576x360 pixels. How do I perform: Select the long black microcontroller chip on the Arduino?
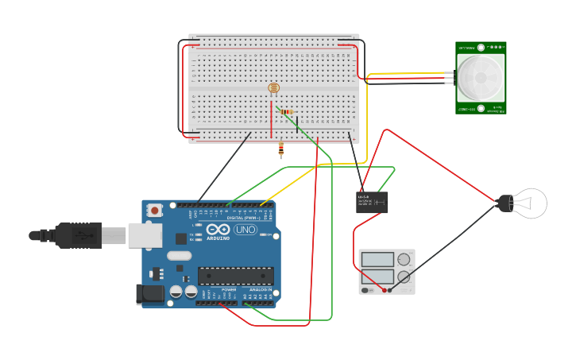point(235,276)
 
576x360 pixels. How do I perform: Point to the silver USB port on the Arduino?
point(145,235)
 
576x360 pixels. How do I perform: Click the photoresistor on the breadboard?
point(274,89)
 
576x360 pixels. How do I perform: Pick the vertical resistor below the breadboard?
point(281,149)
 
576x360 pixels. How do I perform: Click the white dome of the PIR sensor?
point(481,77)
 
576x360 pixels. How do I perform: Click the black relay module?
point(371,202)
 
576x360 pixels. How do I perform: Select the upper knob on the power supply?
point(404,260)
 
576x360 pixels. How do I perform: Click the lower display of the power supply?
point(377,277)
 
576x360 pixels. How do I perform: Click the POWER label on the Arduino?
point(229,289)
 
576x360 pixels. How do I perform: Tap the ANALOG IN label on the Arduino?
point(259,289)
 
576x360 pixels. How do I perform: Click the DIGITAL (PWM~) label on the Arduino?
point(243,217)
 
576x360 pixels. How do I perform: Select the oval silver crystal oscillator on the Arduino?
point(180,256)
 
